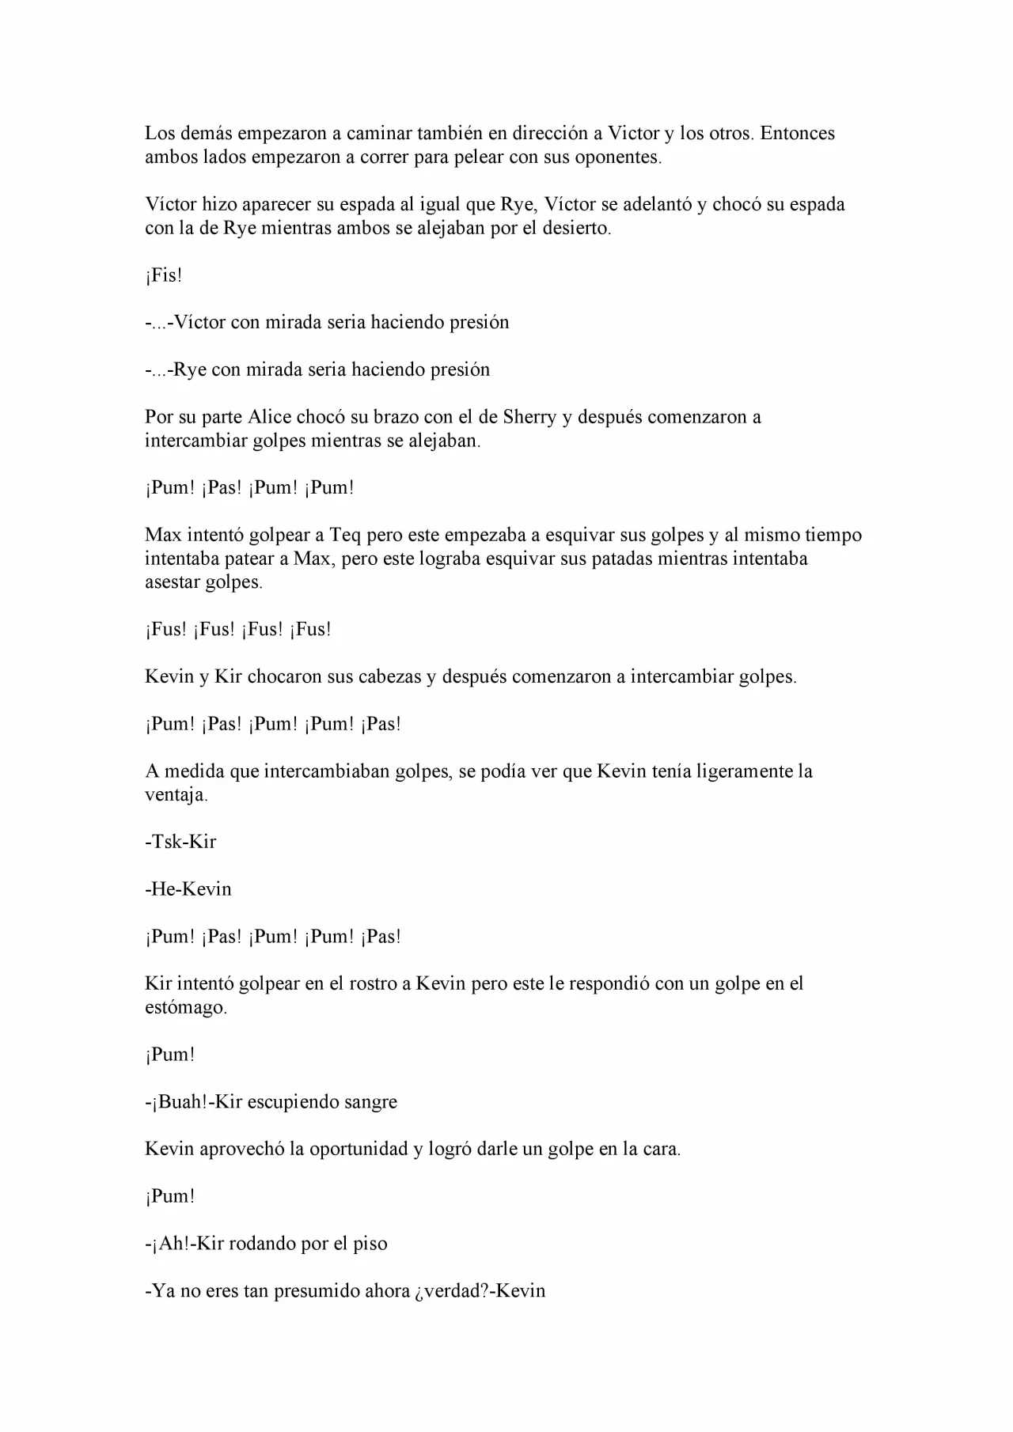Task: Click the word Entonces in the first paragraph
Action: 797,133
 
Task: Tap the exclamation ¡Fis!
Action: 164,275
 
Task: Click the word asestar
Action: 173,582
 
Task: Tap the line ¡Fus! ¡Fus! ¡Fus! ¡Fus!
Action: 238,630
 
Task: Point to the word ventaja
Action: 176,795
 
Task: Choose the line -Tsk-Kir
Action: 180,842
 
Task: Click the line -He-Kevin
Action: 188,889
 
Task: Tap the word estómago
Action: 185,1008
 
